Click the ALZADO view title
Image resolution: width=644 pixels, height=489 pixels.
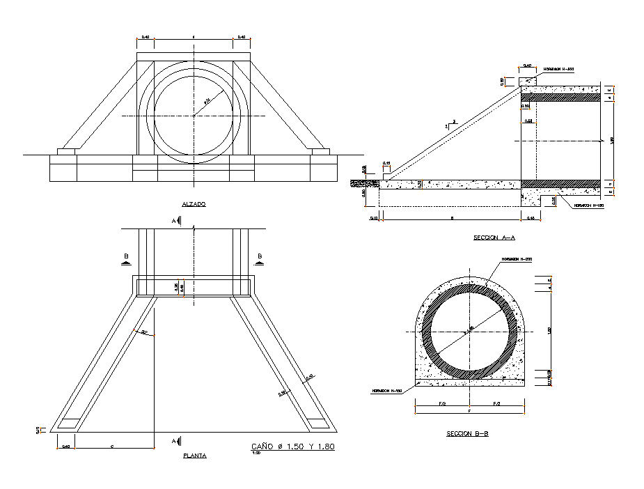pyautogui.click(x=194, y=204)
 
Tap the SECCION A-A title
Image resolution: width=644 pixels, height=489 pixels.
pyautogui.click(x=494, y=238)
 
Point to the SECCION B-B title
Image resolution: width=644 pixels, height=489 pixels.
pyautogui.click(x=467, y=433)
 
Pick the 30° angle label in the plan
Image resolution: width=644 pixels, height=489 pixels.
pyautogui.click(x=144, y=332)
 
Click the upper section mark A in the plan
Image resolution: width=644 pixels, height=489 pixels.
pyautogui.click(x=176, y=221)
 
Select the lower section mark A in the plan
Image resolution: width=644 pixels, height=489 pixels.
pyautogui.click(x=176, y=441)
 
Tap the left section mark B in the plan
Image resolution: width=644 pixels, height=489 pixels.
pyautogui.click(x=126, y=258)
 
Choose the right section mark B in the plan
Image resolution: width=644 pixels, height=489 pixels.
pyautogui.click(x=260, y=258)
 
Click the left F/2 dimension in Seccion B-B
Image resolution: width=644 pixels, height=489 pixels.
pyautogui.click(x=442, y=404)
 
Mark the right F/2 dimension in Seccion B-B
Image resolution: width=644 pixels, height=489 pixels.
pyautogui.click(x=496, y=404)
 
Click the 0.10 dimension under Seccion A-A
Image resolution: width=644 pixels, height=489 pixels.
pyautogui.click(x=375, y=219)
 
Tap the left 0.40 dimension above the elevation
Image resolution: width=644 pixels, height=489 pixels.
pyautogui.click(x=146, y=37)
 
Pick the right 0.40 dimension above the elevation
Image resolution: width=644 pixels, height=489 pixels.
pyautogui.click(x=241, y=37)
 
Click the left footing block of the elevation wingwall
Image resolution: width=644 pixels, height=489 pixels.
pyautogui.click(x=68, y=151)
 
